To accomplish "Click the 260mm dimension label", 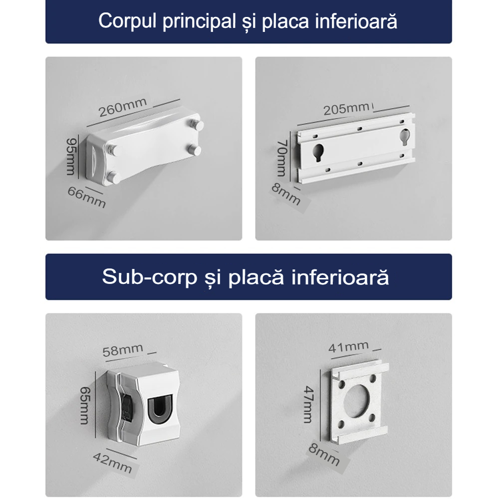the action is point(123,107).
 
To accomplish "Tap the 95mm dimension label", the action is point(72,156).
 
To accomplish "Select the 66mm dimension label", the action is point(86,197).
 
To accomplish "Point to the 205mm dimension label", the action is point(347,109).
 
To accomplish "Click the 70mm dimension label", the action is point(282,158).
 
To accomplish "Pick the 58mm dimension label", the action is point(123,350).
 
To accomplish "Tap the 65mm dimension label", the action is point(85,405).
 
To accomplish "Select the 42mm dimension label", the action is point(112,463).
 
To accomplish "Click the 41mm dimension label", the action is point(348,347).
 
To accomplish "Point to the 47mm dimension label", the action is point(308,404).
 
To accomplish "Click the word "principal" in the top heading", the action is point(199,21).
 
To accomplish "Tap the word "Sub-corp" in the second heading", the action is point(150,277).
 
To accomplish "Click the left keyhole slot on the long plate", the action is point(318,152).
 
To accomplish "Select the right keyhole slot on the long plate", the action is point(405,136).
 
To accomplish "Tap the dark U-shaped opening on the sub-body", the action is point(160,408).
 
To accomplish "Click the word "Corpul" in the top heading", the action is point(127,21).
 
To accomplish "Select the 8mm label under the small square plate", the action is point(324,455).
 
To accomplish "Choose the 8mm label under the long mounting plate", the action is point(286,194).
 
